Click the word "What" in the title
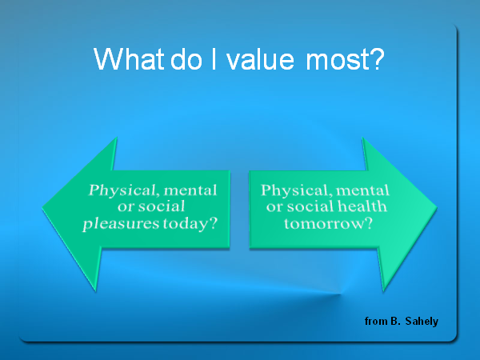(129, 58)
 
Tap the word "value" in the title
(260, 58)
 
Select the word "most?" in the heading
(345, 59)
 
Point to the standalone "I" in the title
(214, 58)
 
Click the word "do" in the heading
(186, 58)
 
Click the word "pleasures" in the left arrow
(122, 224)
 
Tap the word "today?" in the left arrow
(190, 223)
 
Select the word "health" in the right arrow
(362, 206)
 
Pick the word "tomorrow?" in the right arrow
(328, 223)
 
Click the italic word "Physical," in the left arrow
(122, 190)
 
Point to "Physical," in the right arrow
(294, 190)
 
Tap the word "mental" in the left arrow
(190, 190)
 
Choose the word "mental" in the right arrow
(362, 190)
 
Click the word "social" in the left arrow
(162, 206)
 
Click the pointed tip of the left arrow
(42, 209)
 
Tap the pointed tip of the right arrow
(437, 209)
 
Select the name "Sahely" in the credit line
(422, 321)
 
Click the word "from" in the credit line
(376, 321)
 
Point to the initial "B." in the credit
(395, 321)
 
